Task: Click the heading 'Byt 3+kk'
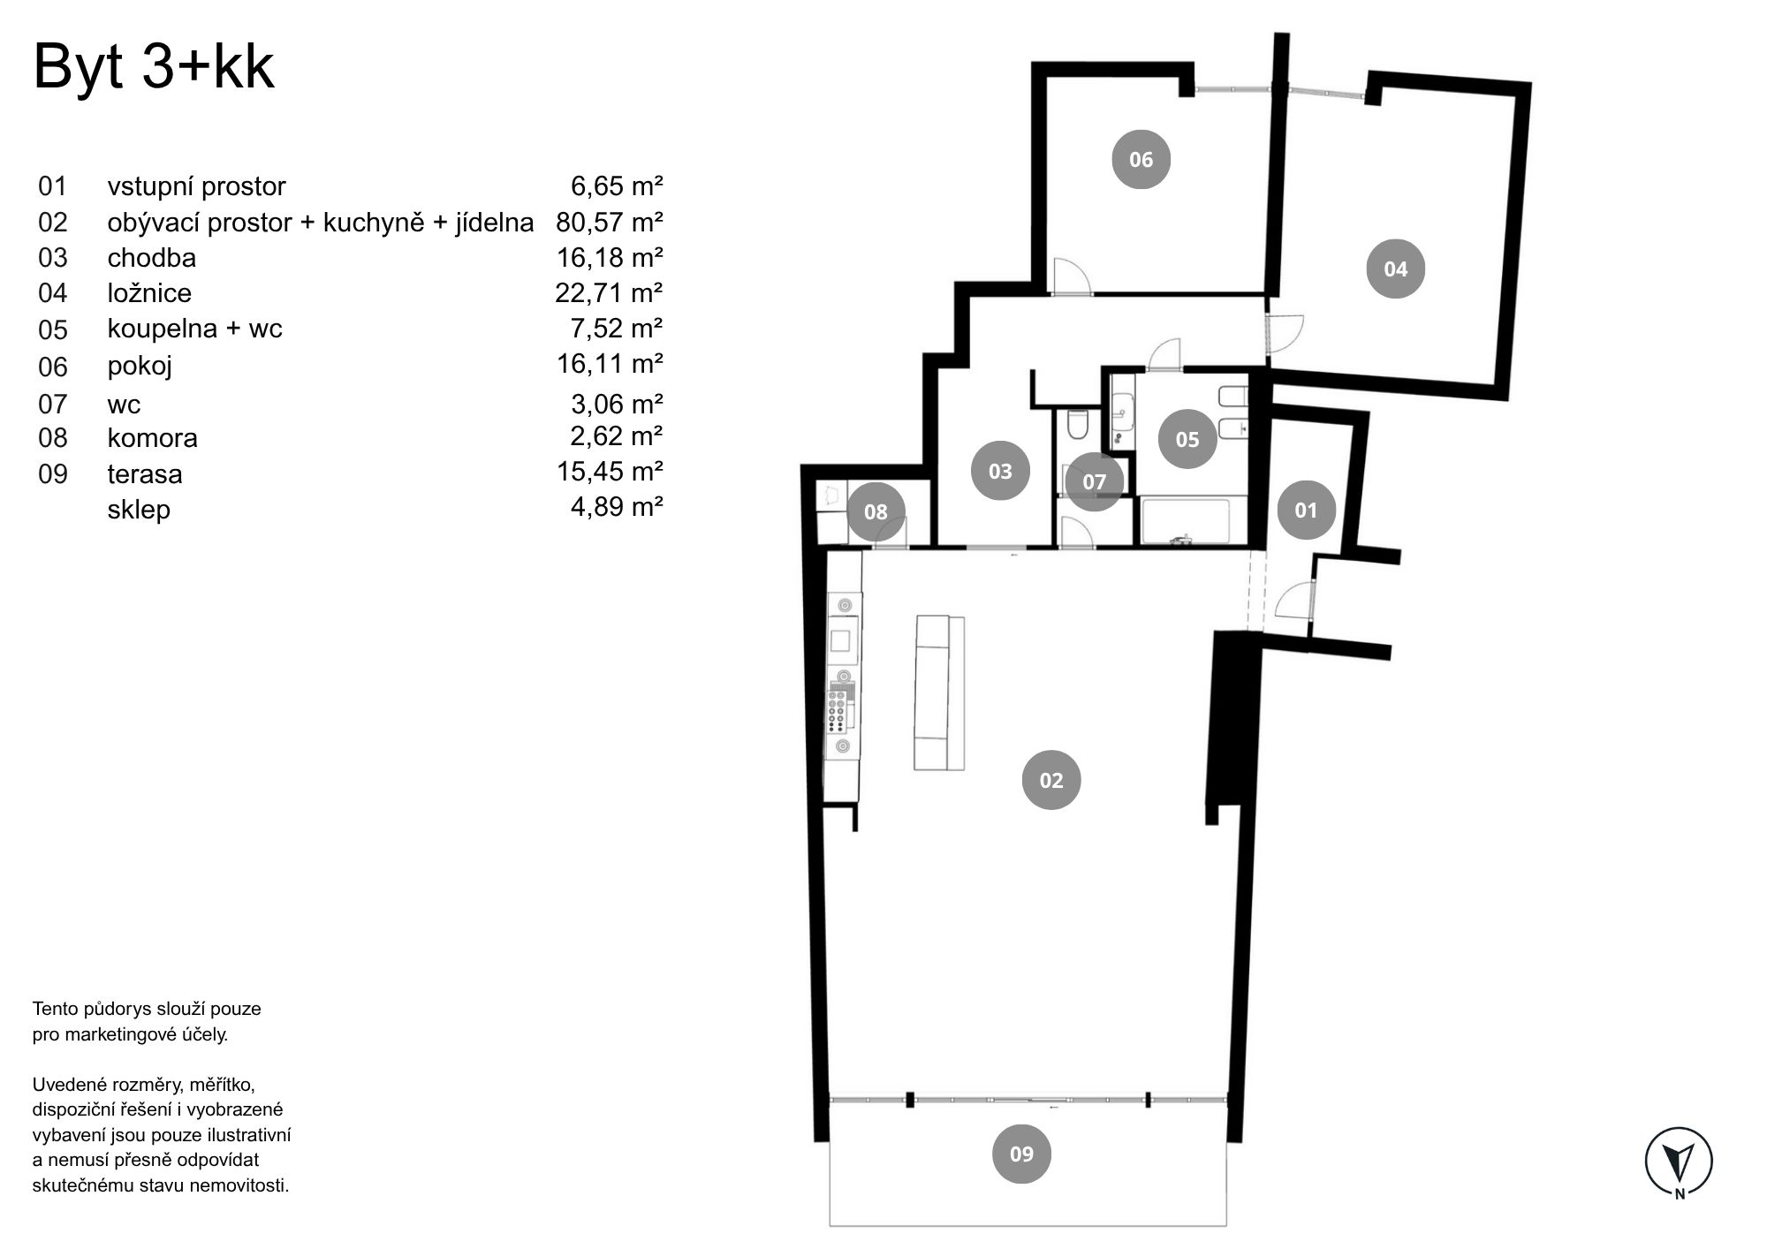point(154,67)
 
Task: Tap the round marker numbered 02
point(1051,780)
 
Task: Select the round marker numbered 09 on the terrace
point(1021,1154)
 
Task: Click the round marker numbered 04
point(1395,269)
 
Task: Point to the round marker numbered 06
point(1141,159)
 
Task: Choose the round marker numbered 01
point(1306,510)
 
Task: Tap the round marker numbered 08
point(876,511)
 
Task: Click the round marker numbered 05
point(1187,439)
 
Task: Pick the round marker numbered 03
point(1000,471)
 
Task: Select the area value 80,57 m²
point(610,222)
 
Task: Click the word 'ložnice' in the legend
point(149,292)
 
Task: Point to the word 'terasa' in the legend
point(145,474)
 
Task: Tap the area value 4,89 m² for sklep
point(617,506)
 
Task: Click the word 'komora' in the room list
point(152,438)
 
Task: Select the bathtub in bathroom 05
point(1185,521)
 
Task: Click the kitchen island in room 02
point(939,693)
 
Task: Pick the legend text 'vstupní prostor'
point(197,187)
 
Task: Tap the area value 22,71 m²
point(610,292)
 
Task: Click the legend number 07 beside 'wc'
point(53,405)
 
